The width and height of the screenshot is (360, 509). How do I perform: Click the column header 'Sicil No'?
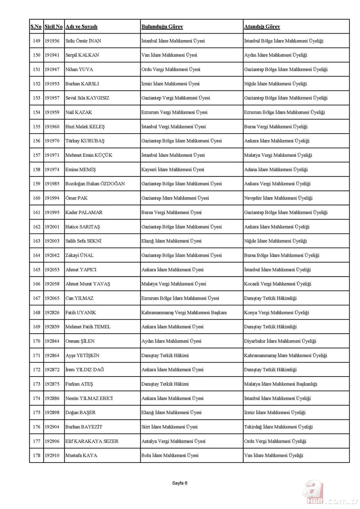(x=54, y=27)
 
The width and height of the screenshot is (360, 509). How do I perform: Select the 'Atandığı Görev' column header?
(x=262, y=27)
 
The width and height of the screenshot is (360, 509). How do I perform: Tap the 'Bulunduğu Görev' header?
(x=162, y=27)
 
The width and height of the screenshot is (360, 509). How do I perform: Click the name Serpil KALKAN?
(x=82, y=55)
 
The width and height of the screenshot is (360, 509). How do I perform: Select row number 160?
(x=36, y=198)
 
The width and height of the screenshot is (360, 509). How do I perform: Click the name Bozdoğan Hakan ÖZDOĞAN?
(x=95, y=184)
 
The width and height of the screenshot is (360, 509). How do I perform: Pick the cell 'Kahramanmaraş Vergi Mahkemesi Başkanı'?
(x=184, y=313)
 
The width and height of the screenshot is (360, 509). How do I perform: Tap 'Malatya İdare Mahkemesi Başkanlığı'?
(x=280, y=384)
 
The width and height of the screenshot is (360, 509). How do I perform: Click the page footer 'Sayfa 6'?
(x=180, y=483)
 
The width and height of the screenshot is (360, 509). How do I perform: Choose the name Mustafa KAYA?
(x=81, y=455)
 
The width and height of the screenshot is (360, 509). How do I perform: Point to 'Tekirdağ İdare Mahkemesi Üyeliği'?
(x=278, y=427)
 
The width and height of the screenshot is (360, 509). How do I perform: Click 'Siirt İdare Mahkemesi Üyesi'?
(x=169, y=427)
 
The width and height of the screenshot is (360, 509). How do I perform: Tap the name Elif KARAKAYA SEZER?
(x=92, y=441)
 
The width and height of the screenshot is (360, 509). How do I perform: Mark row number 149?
(x=36, y=41)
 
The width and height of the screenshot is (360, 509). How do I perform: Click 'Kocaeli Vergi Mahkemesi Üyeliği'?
(x=278, y=284)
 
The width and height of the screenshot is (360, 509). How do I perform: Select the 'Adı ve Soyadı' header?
(x=82, y=27)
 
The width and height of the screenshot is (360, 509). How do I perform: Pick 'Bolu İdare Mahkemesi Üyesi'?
(x=170, y=455)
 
